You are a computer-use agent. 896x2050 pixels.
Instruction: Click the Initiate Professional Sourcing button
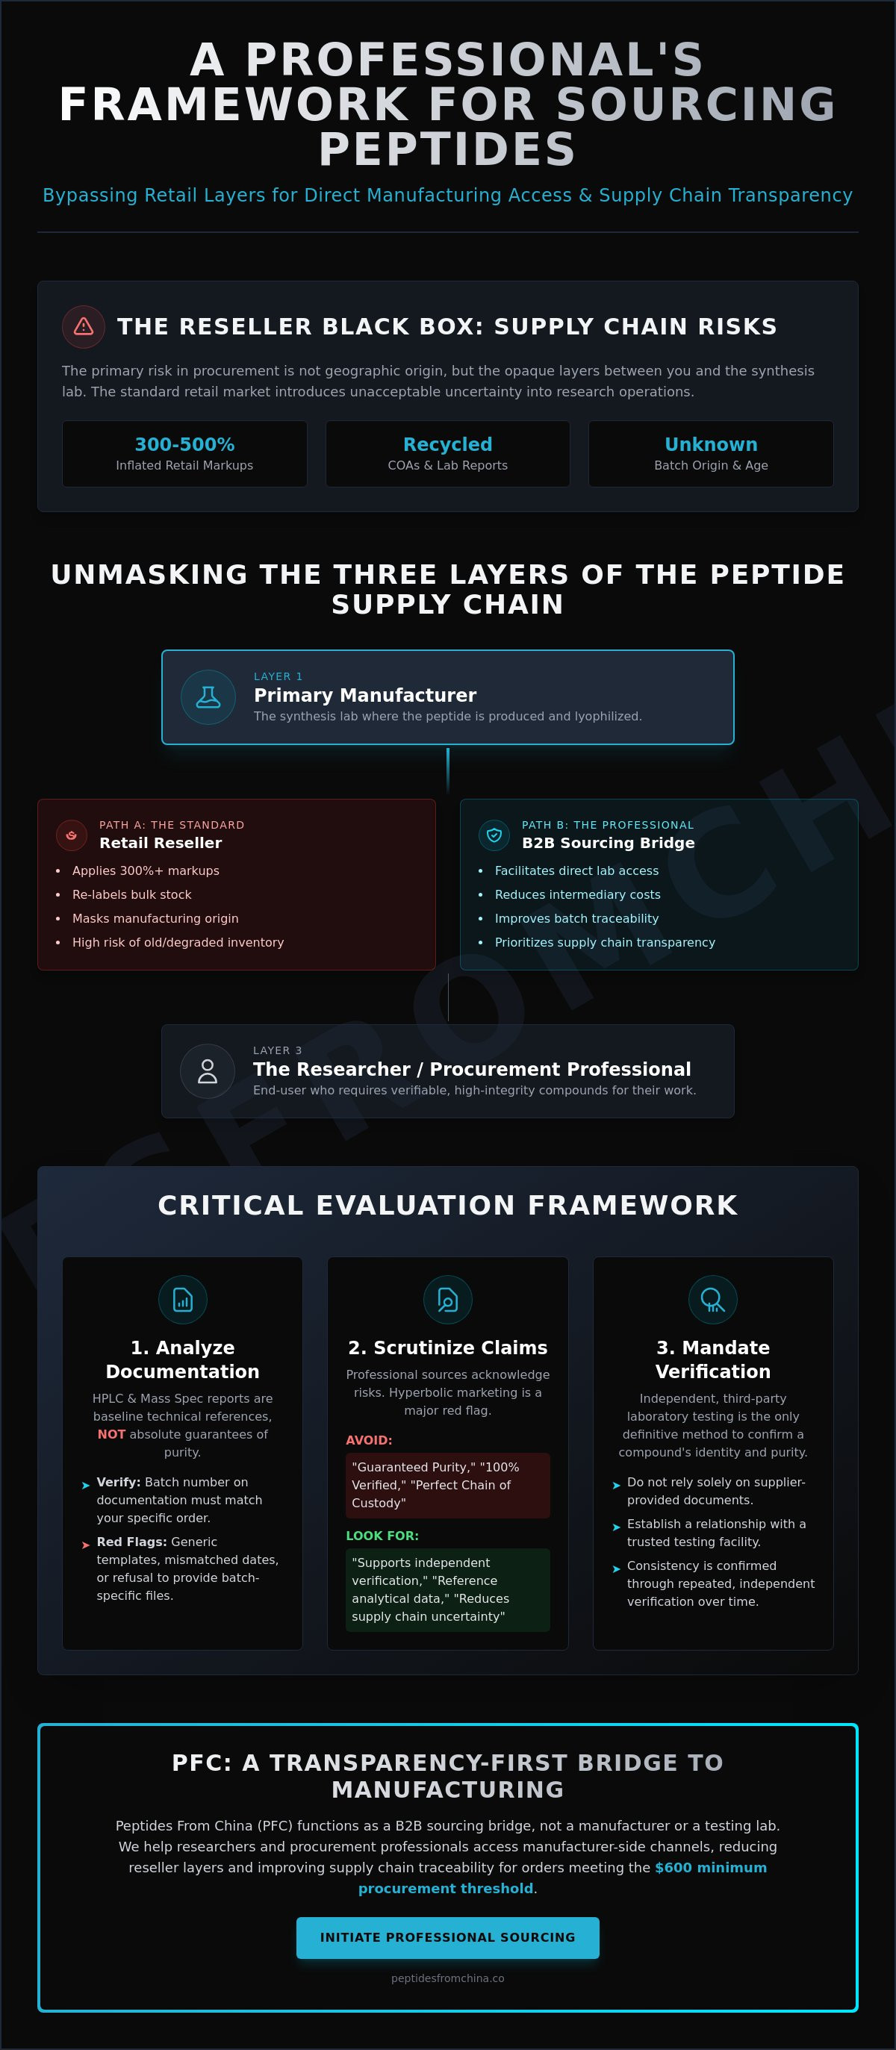point(447,1937)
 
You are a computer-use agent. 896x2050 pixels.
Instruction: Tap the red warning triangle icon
point(84,326)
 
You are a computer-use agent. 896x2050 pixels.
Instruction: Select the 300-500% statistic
point(184,444)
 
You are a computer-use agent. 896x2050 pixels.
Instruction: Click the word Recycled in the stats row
point(447,444)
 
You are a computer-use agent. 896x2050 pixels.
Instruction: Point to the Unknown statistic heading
point(711,444)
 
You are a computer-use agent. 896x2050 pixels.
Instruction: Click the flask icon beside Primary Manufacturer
point(208,697)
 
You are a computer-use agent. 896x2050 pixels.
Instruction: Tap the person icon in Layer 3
point(207,1071)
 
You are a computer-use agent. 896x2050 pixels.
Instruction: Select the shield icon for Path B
point(494,835)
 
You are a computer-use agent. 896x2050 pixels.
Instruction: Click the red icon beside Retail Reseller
point(72,835)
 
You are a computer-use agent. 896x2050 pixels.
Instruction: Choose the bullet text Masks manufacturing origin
point(155,918)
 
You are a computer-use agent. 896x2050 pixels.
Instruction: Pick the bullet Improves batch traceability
point(577,918)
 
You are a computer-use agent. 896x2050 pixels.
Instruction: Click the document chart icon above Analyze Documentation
point(183,1300)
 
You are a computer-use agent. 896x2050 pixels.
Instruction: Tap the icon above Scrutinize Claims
point(447,1300)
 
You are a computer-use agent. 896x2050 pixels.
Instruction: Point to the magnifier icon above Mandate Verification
point(712,1300)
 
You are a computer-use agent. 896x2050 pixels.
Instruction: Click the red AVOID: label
point(368,1440)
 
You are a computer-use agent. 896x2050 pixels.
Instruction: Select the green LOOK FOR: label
point(382,1536)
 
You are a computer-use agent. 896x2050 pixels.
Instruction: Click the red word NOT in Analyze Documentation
point(111,1434)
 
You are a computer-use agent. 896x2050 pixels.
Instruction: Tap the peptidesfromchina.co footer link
point(447,1978)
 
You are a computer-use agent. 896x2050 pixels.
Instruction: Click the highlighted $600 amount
point(673,1867)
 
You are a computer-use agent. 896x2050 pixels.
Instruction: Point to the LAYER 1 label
point(278,676)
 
